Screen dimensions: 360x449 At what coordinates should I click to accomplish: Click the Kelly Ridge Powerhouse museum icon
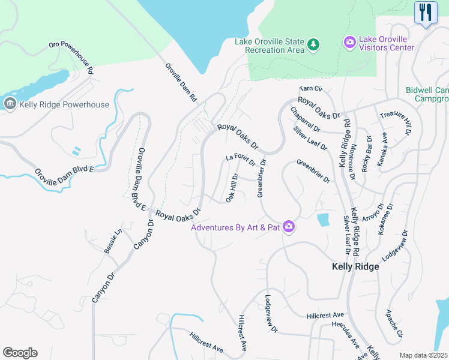pos(10,104)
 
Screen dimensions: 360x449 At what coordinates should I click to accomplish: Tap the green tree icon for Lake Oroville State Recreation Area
pos(313,44)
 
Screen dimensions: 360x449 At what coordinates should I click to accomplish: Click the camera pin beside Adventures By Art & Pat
pos(289,227)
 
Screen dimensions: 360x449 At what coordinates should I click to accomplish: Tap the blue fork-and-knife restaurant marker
pos(426,13)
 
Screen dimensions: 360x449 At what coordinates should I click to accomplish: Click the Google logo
pos(20,353)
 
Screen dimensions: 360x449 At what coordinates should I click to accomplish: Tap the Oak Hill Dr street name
pos(232,187)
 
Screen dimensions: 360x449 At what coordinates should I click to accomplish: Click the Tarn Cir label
pos(311,89)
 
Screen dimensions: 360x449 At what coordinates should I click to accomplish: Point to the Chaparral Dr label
pos(306,119)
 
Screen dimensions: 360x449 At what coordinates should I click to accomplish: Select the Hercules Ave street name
pos(345,334)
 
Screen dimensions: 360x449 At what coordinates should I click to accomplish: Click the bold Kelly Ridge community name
pos(356,266)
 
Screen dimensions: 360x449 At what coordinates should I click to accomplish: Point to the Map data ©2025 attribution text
pos(423,355)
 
